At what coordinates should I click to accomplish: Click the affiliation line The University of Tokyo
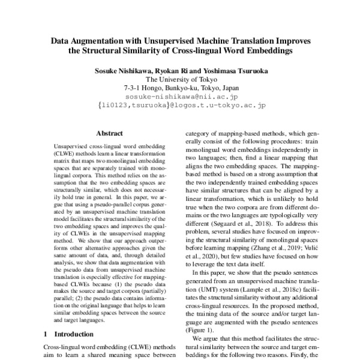pyautogui.click(x=179, y=79)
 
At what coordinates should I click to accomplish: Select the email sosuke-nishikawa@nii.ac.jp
pyautogui.click(x=179, y=96)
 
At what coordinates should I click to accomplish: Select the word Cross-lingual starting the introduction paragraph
pyautogui.click(x=66, y=347)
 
